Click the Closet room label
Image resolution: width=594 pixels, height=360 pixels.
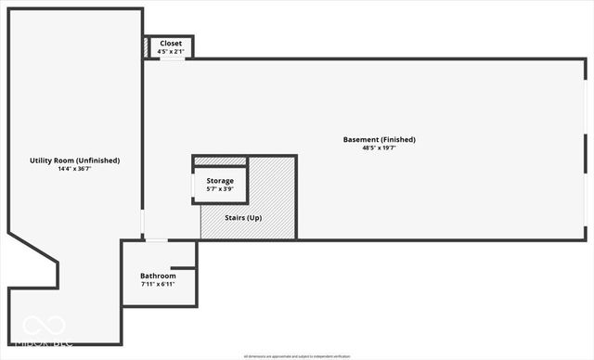[171, 43]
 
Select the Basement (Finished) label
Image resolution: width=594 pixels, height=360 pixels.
[379, 140]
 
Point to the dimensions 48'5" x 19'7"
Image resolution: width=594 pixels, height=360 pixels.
[379, 148]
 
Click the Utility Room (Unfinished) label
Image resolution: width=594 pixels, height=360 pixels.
[75, 161]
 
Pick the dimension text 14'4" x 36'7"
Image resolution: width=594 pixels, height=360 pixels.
[75, 168]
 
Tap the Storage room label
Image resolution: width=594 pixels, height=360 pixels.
[220, 180]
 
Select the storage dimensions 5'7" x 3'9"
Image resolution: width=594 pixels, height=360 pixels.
[220, 188]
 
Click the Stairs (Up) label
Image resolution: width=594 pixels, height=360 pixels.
[243, 217]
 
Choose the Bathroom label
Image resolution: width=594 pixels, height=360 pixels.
[158, 276]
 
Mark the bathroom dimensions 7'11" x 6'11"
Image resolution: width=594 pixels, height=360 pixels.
[158, 284]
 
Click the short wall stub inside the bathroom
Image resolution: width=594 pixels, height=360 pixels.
[184, 268]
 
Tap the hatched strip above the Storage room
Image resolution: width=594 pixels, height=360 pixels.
[220, 161]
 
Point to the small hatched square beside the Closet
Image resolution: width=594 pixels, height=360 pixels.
[146, 46]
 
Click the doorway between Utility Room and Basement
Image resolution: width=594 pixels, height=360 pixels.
[142, 223]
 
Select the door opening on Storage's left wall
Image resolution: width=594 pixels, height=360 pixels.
[193, 186]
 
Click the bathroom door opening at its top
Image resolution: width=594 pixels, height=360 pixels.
[156, 240]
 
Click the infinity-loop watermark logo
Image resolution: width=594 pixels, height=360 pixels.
[44, 327]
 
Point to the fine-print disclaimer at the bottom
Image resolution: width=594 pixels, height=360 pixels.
[297, 355]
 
